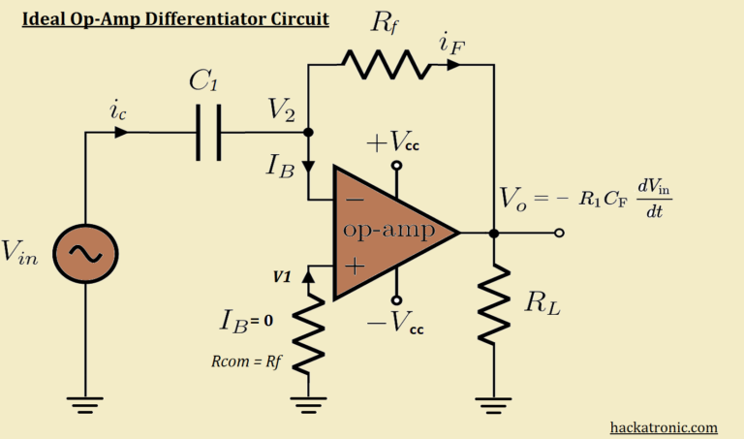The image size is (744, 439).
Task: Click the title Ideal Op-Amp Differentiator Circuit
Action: [175, 18]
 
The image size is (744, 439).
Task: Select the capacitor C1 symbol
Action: [205, 133]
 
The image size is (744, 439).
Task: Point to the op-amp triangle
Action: [387, 233]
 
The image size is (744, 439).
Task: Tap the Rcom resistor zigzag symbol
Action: [308, 335]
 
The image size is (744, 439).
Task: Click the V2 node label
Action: [285, 111]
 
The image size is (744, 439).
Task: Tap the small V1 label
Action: [282, 275]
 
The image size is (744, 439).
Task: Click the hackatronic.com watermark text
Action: [664, 426]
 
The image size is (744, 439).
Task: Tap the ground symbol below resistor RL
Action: [494, 401]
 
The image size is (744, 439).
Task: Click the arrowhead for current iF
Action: [451, 65]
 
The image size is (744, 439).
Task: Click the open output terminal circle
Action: [559, 233]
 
